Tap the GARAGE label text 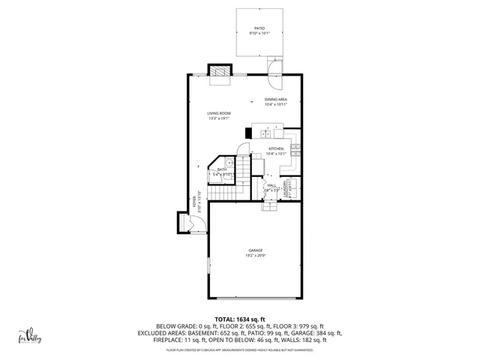point(256,250)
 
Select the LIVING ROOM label point(219,113)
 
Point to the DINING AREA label point(275,99)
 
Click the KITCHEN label point(276,149)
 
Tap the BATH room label point(222,169)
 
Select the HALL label point(271,185)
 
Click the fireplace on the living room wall point(219,70)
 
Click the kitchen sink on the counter point(266,134)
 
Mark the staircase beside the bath point(223,193)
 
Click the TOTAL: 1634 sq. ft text point(239,319)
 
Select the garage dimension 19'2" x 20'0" point(256,256)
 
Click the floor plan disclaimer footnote point(239,349)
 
